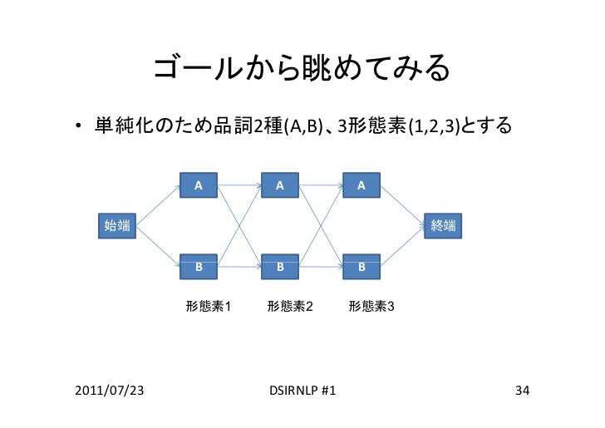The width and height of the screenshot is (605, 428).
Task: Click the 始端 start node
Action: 116,225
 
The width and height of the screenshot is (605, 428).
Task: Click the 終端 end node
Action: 444,225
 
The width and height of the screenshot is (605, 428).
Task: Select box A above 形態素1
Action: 199,184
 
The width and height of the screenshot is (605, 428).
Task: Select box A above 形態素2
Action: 281,184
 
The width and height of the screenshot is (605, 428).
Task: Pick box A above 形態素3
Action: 362,184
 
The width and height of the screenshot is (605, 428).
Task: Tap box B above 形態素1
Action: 199,268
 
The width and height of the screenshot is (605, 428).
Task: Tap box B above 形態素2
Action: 281,268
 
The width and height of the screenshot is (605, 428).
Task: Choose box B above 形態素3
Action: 362,268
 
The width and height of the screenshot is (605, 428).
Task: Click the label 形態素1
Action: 208,307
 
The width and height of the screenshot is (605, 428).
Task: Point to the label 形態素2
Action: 290,307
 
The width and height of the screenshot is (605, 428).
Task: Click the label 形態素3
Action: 371,307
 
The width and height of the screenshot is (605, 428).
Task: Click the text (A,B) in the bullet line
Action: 302,128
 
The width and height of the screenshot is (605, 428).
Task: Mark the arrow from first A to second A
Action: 239,184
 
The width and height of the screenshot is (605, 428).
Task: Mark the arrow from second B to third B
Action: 322,268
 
